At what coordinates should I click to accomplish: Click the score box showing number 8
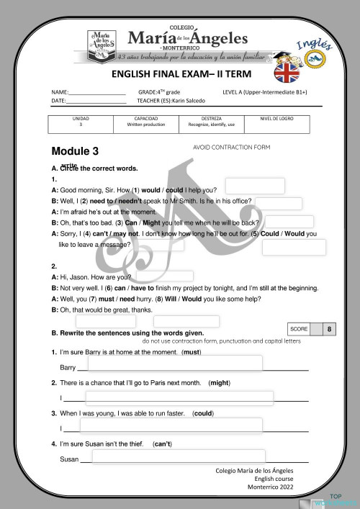coord(329,329)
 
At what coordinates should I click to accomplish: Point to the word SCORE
coord(299,329)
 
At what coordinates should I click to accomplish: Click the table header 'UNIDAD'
coord(81,118)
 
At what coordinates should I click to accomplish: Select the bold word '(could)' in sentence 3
coord(203,414)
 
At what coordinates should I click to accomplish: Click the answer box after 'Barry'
coord(174,364)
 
